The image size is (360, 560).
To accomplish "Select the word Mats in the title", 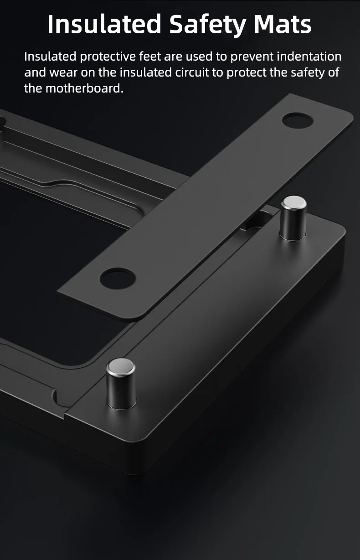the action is pyautogui.click(x=283, y=24).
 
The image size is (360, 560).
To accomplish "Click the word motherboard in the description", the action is pyautogui.click(x=84, y=88).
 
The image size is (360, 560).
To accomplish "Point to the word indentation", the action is pyautogui.click(x=309, y=56).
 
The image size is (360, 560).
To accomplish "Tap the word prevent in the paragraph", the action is pyautogui.click(x=252, y=57).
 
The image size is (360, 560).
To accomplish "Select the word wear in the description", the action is pyautogui.click(x=63, y=73).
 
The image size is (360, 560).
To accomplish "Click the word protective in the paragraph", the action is pyautogui.click(x=108, y=57).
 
